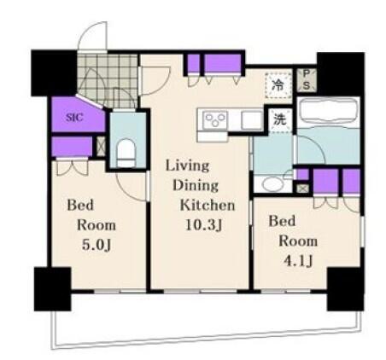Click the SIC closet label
(74, 117)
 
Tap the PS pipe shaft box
(307, 80)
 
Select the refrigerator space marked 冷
(278, 85)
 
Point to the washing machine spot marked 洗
(280, 120)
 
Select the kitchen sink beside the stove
(252, 120)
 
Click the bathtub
(328, 111)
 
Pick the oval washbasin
(272, 184)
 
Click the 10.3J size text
(203, 225)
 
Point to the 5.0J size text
(96, 245)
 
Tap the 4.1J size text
(299, 261)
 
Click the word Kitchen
(208, 206)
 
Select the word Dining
(196, 185)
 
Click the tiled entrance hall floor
(108, 80)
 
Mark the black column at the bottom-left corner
(52, 289)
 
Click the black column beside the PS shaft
(341, 74)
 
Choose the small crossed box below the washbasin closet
(302, 189)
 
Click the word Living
(187, 166)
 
